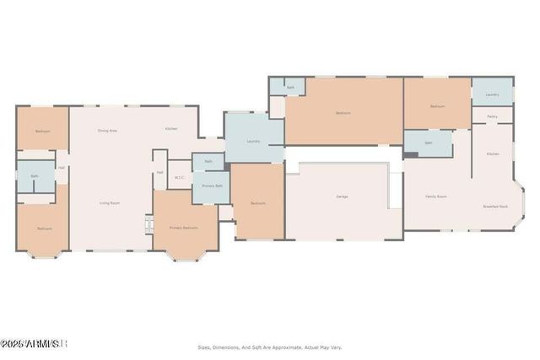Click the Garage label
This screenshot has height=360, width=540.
coord(342,196)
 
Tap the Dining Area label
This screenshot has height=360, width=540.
coord(107,131)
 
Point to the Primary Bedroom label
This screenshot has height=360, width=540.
coord(183,228)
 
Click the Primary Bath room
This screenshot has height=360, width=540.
coord(212,185)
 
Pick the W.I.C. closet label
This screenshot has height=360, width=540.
coord(180,177)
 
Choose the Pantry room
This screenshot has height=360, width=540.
coord(492,116)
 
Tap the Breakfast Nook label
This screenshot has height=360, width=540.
coord(495,206)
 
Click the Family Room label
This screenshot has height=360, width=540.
coord(435,196)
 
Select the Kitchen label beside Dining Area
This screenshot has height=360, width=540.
coord(171,129)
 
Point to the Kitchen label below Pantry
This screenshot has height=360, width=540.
coord(493,154)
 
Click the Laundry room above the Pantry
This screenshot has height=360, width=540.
coord(492,94)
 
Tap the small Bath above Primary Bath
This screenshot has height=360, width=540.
coord(208,161)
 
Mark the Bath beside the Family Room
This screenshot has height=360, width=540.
coord(428,143)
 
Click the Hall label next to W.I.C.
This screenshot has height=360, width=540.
coord(159,173)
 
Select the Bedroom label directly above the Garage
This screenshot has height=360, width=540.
coord(343,113)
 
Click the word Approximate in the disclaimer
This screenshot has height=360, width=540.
coord(263,347)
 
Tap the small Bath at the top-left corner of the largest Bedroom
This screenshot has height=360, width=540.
coord(290,87)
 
